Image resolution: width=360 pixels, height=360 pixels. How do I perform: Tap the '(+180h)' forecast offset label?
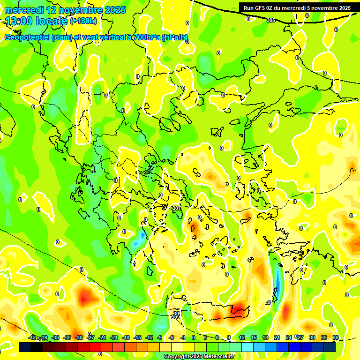pyautogui.click(x=83, y=21)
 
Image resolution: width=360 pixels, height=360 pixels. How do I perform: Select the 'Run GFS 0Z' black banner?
pyautogui.click(x=297, y=7)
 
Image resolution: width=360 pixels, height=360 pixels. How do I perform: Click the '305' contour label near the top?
pyautogui.click(x=271, y=20)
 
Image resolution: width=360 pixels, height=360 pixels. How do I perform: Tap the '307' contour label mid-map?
pyautogui.click(x=177, y=208)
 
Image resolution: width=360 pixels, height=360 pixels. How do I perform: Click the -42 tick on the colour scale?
pyautogui.click(x=32, y=337)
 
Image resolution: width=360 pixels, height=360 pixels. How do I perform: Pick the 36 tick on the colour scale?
pyautogui.click(x=336, y=337)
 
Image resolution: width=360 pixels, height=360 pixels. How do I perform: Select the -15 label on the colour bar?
pyautogui.click(x=137, y=337)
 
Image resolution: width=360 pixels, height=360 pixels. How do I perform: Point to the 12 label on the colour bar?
pyautogui.click(x=242, y=337)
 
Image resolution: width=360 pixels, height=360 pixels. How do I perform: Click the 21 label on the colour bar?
pyautogui.click(x=277, y=337)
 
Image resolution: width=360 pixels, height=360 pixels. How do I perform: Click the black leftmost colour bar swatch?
pyautogui.click(x=25, y=347)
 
